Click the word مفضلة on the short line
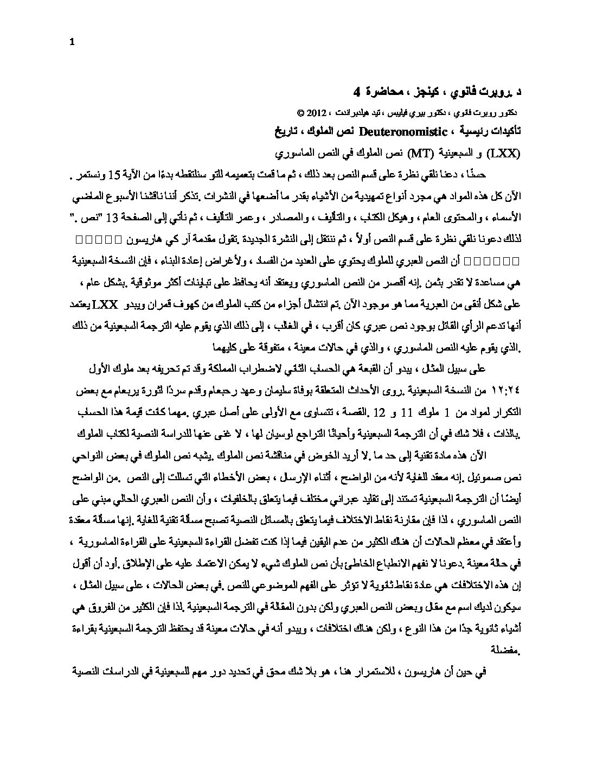[504, 648]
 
